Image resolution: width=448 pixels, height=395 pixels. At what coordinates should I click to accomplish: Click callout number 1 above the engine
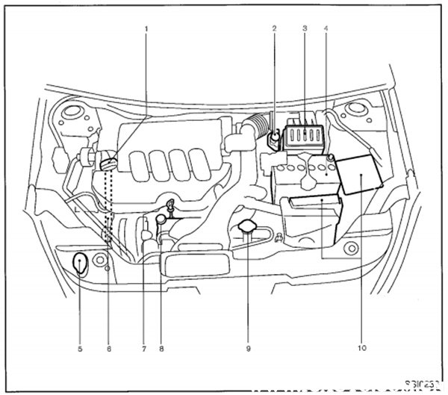pos(146,29)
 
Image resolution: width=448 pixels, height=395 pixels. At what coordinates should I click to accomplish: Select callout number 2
pos(274,29)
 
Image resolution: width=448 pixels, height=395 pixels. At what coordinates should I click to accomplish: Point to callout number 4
pos(326,29)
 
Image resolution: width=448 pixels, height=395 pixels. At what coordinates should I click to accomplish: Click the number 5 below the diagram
pos(80,348)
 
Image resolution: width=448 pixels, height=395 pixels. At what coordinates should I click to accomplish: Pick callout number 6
pos(109,348)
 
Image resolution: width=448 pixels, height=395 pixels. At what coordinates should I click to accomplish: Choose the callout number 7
pos(142,348)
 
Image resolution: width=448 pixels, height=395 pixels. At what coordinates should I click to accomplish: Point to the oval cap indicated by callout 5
pos(80,264)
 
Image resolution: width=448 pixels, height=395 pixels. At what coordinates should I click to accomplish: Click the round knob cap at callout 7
pos(160,220)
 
